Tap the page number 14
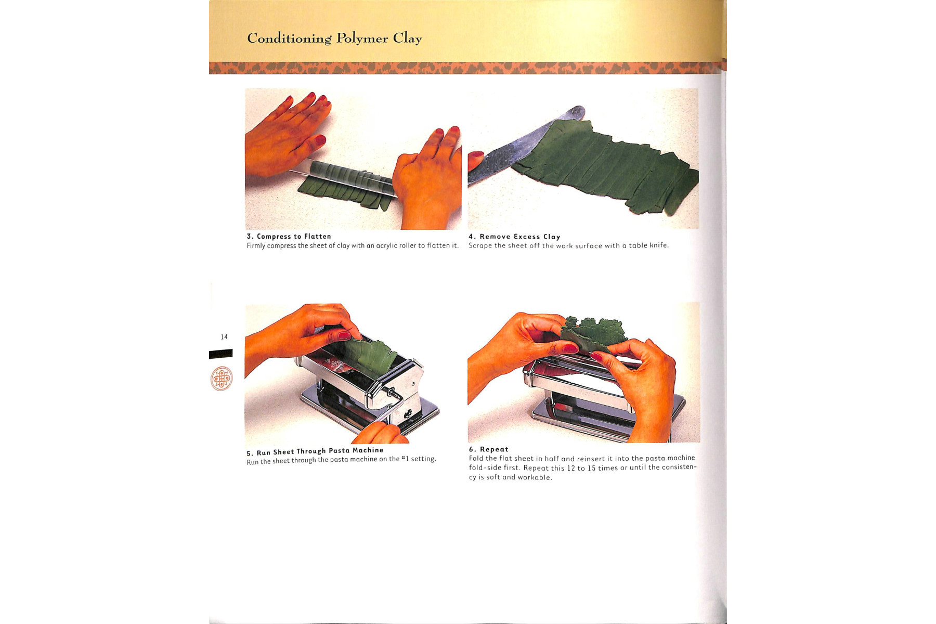(224, 337)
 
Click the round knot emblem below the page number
(222, 379)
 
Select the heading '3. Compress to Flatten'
(289, 237)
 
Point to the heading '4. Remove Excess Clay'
(514, 237)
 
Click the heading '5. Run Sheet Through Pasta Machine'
(315, 451)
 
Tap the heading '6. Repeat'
(489, 449)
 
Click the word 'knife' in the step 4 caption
(659, 245)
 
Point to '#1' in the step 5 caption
(405, 459)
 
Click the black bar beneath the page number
(220, 354)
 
